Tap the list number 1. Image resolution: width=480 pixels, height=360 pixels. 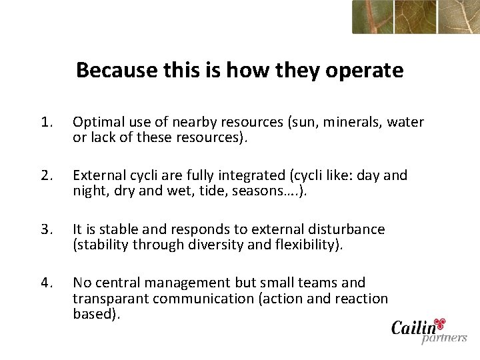click(x=45, y=122)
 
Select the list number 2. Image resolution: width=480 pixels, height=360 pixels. click(x=45, y=175)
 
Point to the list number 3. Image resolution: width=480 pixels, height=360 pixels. click(x=45, y=229)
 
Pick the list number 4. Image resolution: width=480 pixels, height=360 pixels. click(x=45, y=283)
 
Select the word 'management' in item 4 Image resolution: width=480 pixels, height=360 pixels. click(x=181, y=283)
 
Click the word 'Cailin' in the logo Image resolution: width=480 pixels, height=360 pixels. click(x=413, y=328)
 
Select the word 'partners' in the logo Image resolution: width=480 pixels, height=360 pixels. click(x=444, y=338)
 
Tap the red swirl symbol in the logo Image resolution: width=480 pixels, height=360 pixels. click(x=439, y=323)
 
